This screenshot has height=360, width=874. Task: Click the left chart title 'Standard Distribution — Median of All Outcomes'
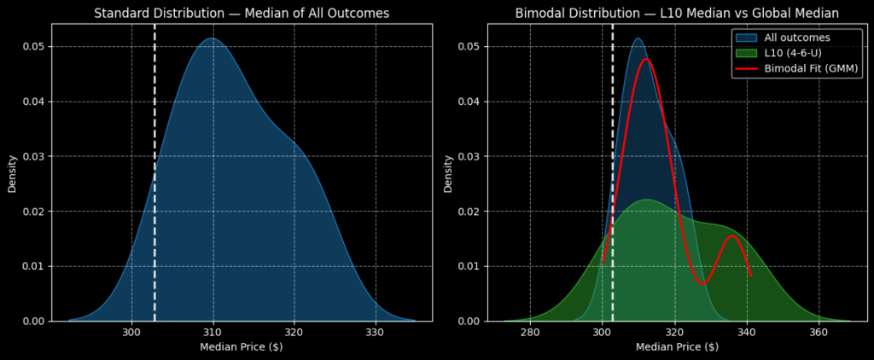click(x=242, y=13)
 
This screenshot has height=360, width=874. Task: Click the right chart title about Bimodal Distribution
click(x=677, y=13)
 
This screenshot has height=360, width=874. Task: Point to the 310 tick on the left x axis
click(x=213, y=333)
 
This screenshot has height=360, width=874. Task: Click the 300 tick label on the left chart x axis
click(x=131, y=333)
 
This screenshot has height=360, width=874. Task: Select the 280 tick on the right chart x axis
click(x=530, y=333)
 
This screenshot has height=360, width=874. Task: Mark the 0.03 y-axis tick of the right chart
click(x=468, y=156)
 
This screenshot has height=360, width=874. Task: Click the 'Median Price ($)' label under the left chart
click(x=242, y=347)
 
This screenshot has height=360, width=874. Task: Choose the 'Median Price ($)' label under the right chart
click(x=677, y=347)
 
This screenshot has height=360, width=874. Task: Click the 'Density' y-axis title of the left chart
click(x=13, y=172)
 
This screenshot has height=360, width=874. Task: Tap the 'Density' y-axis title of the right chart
click(x=448, y=172)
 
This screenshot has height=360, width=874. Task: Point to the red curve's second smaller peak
click(x=731, y=235)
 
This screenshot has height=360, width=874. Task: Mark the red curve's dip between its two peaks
click(x=702, y=283)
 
